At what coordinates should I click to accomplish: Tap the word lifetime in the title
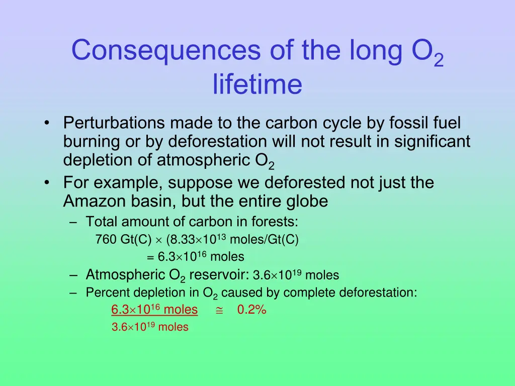257,84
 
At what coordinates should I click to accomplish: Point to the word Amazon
95,202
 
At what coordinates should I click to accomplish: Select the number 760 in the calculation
105,240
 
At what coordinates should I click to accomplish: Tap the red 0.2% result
251,310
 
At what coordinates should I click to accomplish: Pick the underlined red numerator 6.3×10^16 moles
154,310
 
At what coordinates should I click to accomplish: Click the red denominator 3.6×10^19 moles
150,327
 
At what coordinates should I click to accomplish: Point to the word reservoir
219,275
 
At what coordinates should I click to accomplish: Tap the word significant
432,142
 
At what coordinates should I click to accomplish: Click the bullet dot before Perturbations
47,124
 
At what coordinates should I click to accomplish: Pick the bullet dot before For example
47,182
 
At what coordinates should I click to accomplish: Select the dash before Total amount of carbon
74,222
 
